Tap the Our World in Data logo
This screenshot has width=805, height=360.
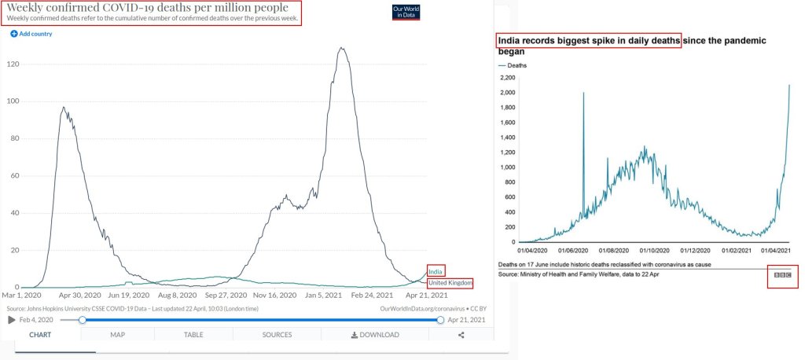click(406, 12)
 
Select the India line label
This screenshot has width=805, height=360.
click(436, 271)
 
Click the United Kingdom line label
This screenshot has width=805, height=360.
click(450, 282)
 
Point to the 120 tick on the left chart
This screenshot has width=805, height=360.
click(12, 63)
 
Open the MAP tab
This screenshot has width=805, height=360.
click(117, 335)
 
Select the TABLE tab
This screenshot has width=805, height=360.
click(193, 335)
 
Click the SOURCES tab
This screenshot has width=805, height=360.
click(277, 335)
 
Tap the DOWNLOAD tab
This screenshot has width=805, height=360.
click(375, 335)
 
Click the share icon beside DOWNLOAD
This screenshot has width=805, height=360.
click(461, 335)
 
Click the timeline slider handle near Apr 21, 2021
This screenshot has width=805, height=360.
click(440, 319)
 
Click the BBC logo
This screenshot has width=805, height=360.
click(782, 276)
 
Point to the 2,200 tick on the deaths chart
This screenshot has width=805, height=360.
click(507, 78)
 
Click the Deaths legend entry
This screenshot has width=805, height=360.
click(514, 65)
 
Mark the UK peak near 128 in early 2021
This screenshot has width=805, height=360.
click(340, 49)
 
